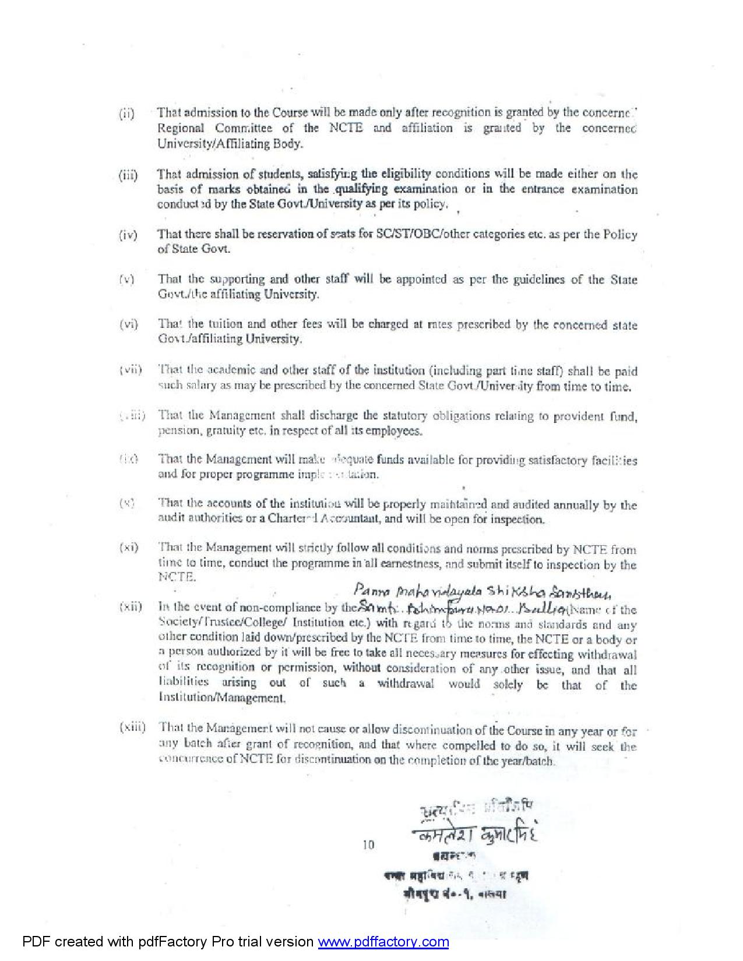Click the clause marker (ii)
(x=126, y=114)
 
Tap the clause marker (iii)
(x=128, y=175)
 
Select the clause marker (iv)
(x=128, y=235)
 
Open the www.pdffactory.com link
(x=383, y=942)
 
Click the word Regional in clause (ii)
(x=181, y=129)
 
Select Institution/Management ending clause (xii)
(x=221, y=698)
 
